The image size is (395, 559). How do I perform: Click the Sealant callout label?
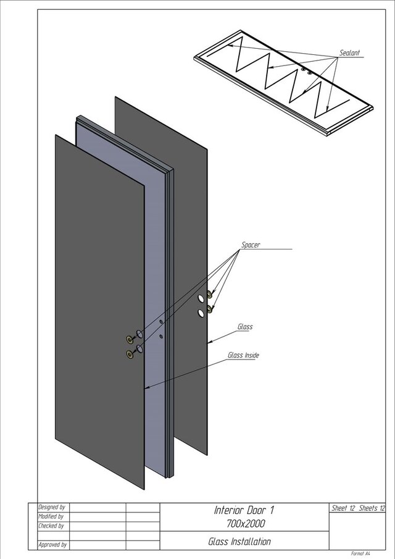tap(349, 53)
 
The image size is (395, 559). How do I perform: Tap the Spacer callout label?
tap(251, 245)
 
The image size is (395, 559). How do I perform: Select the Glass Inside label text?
tap(243, 355)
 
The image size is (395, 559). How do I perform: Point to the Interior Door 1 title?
tap(244, 510)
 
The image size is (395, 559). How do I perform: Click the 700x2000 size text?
tap(246, 523)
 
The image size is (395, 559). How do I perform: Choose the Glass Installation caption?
tap(239, 542)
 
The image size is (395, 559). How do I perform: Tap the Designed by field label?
tap(52, 507)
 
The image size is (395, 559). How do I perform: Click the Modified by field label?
tap(51, 516)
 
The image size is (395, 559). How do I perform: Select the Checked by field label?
tap(51, 526)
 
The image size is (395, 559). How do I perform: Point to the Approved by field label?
tap(52, 545)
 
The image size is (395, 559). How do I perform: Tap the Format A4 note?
tap(360, 553)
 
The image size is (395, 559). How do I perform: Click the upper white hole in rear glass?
tap(201, 298)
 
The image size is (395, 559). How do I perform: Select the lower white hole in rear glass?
tap(201, 313)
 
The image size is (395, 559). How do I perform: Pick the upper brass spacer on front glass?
tap(130, 339)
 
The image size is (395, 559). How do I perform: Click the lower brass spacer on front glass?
tap(130, 354)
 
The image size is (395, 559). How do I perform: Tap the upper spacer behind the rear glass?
tap(210, 295)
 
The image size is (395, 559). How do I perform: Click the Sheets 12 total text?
tap(372, 508)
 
